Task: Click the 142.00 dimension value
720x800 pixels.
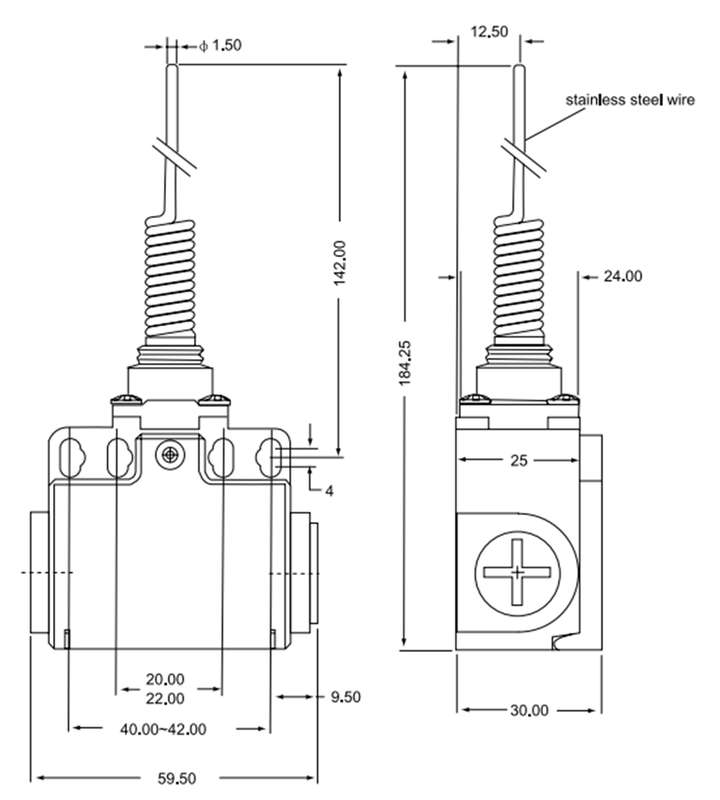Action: tap(340, 263)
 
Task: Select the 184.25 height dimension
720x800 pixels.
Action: tap(406, 362)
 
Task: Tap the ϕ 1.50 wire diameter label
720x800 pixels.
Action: tap(220, 46)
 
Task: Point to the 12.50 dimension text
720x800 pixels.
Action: tap(489, 31)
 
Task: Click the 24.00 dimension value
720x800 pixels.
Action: tap(623, 276)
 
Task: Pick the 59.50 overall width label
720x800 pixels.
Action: tap(177, 778)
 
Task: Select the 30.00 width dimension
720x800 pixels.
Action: tap(529, 711)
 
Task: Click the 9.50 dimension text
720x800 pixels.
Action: tap(346, 696)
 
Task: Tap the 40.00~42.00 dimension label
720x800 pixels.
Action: tap(163, 729)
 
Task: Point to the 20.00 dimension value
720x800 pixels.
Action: tap(165, 679)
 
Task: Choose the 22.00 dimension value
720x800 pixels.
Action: tap(165, 698)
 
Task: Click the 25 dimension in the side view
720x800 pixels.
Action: tap(519, 460)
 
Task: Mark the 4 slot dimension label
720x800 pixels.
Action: tap(329, 491)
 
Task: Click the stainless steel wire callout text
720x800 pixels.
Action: tap(629, 100)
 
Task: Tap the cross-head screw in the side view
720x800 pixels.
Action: tap(517, 572)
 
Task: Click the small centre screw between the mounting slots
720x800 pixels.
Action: tap(170, 455)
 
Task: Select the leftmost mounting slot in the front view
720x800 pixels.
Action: tap(71, 458)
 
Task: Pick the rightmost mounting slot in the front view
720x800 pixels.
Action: tap(268, 458)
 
